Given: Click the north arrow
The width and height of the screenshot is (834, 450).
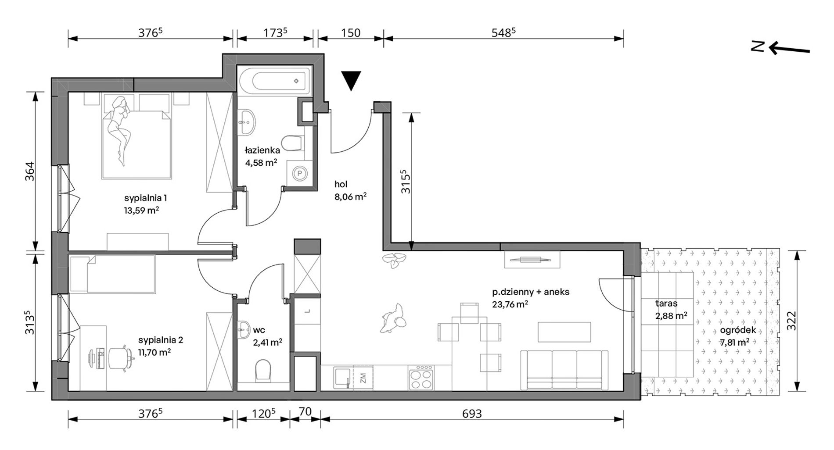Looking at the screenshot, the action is [x=781, y=48].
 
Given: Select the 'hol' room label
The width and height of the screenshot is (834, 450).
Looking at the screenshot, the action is [x=341, y=185].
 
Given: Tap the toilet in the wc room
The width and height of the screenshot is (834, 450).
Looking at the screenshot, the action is [x=262, y=371].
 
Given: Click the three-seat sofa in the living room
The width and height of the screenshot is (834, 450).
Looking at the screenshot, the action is [x=564, y=370].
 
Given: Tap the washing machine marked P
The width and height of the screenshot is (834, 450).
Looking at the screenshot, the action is [x=300, y=174].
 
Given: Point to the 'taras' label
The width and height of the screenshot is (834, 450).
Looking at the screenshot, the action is [x=666, y=303].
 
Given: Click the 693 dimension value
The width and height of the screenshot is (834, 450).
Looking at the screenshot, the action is [x=472, y=413].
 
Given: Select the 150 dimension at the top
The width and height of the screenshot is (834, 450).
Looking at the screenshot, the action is [x=350, y=33].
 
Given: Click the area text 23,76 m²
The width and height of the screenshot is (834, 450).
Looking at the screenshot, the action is [x=510, y=304].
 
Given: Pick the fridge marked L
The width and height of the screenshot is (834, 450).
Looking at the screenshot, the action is [x=307, y=311].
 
